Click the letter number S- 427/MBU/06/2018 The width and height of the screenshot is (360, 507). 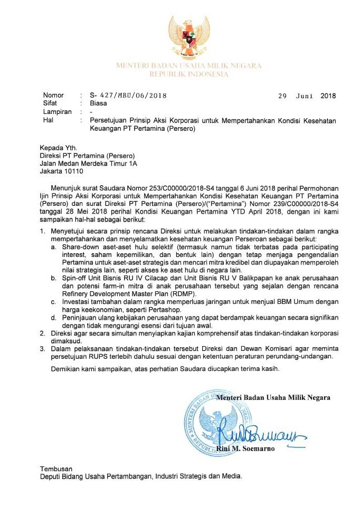[128, 95]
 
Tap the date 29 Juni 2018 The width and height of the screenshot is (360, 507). [307, 95]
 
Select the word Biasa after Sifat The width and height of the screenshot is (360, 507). [99, 104]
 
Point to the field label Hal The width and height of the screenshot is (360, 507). [48, 120]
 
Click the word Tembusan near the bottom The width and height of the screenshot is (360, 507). [56, 468]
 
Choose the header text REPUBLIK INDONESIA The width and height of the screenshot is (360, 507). [188, 74]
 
